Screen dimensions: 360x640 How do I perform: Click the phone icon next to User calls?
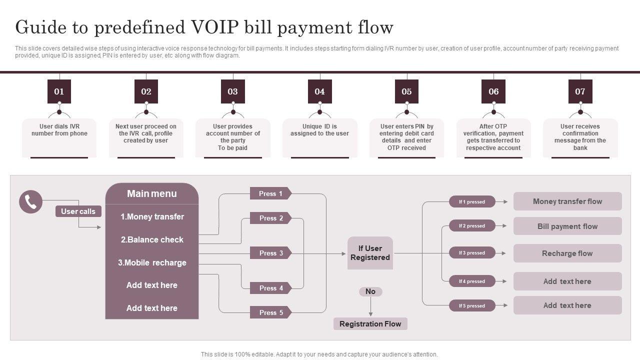click(x=31, y=202)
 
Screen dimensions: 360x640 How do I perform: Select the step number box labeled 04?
click(x=319, y=91)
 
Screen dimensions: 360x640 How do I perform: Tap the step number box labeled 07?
click(x=580, y=91)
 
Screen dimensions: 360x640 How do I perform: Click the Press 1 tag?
click(x=270, y=193)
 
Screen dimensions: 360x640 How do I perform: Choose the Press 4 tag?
click(x=270, y=288)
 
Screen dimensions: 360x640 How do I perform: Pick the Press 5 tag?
click(x=270, y=312)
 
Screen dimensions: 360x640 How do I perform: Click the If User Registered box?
click(x=370, y=253)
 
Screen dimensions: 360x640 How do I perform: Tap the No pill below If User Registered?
click(x=370, y=291)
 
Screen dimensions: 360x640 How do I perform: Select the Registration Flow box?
click(x=370, y=324)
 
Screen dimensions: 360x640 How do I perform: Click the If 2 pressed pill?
click(x=472, y=226)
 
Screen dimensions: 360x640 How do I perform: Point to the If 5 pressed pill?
click(x=472, y=305)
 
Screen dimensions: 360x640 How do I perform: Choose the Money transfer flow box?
click(x=567, y=201)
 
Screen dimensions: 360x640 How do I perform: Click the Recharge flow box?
click(x=567, y=253)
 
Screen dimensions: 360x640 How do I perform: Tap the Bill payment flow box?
click(x=567, y=226)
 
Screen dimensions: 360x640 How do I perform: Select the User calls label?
click(x=78, y=211)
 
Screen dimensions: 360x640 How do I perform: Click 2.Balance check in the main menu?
click(x=152, y=239)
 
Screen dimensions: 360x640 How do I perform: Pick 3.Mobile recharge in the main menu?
click(x=152, y=262)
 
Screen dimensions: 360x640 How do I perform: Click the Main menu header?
click(x=152, y=193)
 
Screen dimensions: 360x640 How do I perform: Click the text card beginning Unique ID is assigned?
click(x=320, y=137)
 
